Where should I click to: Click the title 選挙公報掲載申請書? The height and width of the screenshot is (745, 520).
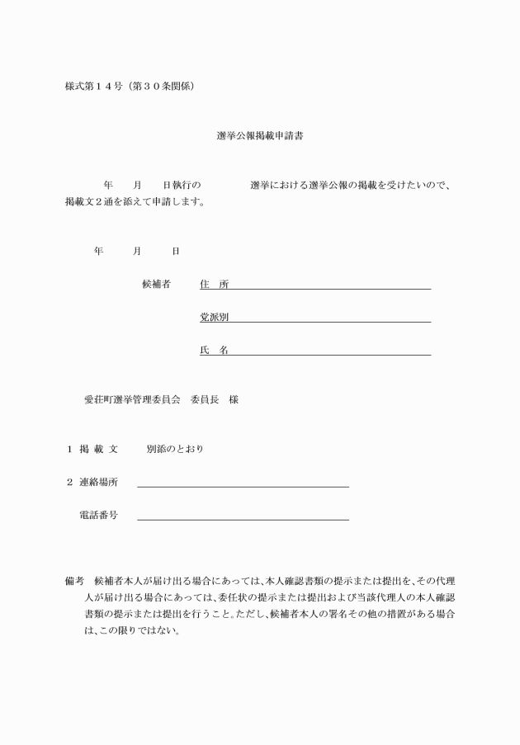pyautogui.click(x=259, y=135)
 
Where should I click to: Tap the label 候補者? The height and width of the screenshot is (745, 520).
pyautogui.click(x=156, y=285)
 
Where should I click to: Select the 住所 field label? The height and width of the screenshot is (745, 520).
pyautogui.click(x=214, y=285)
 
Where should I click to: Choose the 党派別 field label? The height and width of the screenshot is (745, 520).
pyautogui.click(x=214, y=317)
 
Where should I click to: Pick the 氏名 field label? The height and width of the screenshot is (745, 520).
pyautogui.click(x=214, y=350)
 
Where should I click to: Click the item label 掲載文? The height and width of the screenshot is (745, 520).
pyautogui.click(x=98, y=449)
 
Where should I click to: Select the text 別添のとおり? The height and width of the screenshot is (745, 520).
pyautogui.click(x=175, y=449)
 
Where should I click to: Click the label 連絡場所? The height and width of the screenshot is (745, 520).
pyautogui.click(x=98, y=482)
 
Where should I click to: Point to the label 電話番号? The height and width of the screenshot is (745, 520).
pyautogui.click(x=98, y=515)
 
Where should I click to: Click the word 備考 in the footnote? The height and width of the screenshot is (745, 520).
pyautogui.click(x=74, y=582)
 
